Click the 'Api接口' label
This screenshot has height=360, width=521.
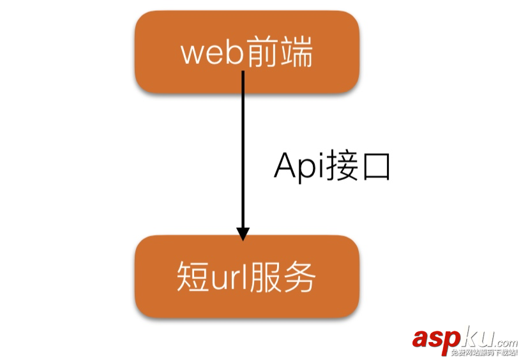[x=331, y=167]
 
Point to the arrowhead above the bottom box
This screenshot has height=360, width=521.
[x=243, y=233]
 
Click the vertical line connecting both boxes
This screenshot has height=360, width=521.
[x=243, y=147]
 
